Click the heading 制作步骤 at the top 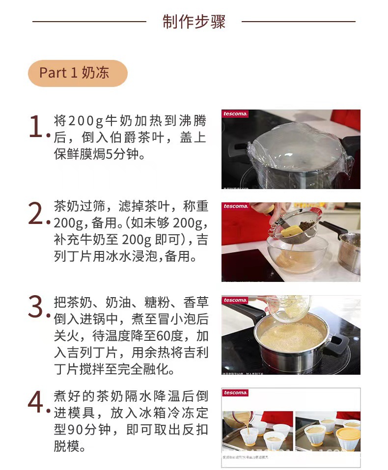(194, 22)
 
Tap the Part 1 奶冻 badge (78, 73)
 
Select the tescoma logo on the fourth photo (235, 393)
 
